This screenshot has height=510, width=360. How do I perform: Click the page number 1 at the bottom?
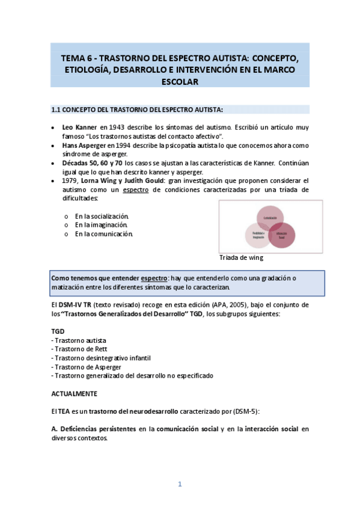179,484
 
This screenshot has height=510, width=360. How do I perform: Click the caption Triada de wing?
242,258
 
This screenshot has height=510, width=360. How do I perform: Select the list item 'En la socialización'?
102,216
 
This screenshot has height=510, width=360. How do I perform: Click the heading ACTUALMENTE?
73,393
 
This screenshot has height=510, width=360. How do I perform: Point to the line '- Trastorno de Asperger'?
87,367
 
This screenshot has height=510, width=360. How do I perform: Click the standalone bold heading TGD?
58,331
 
